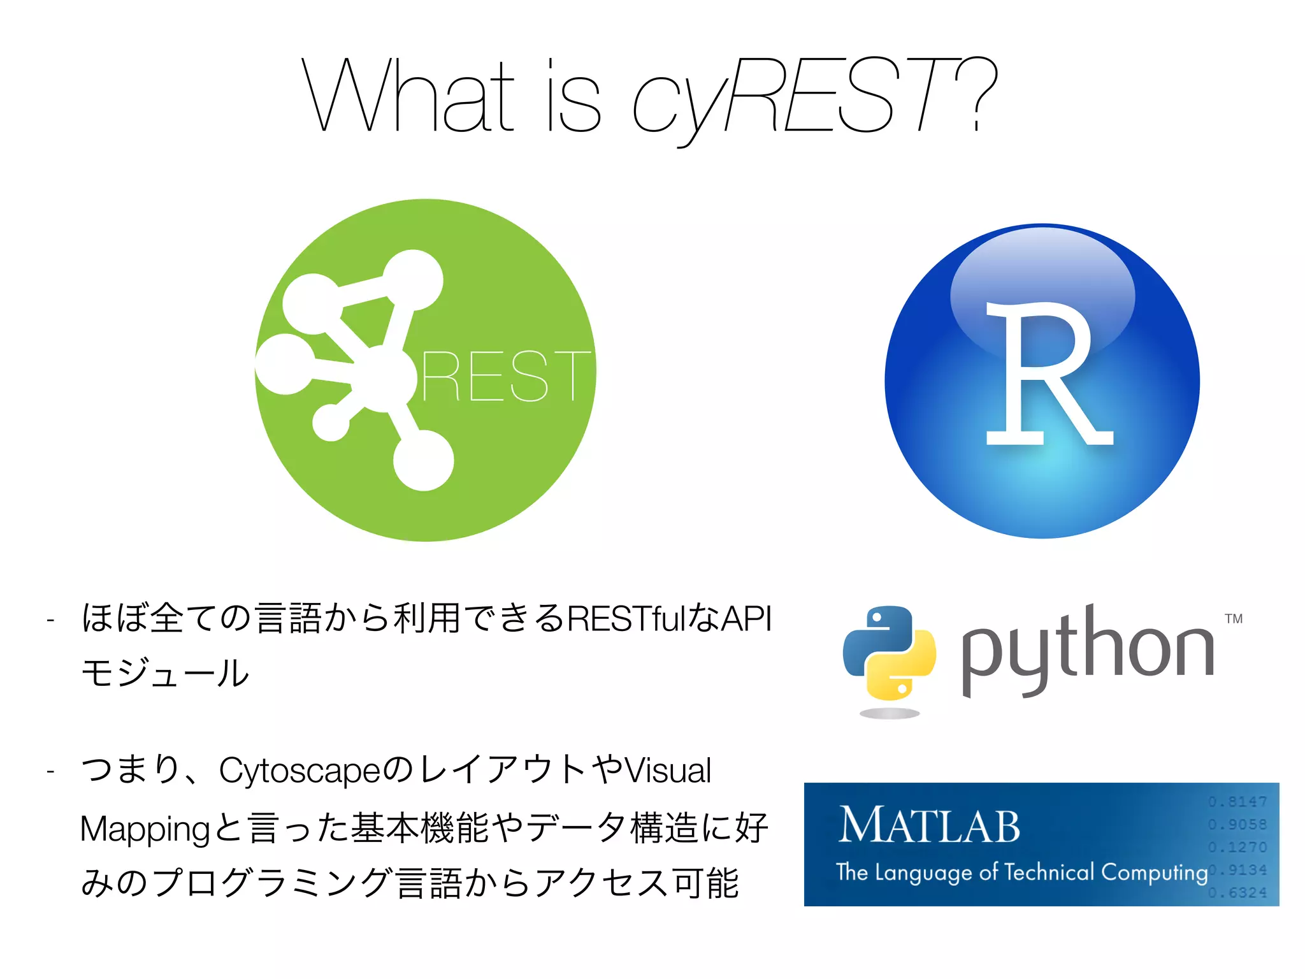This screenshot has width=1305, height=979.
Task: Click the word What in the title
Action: click(x=408, y=96)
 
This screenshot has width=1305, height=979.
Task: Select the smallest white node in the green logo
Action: click(x=331, y=423)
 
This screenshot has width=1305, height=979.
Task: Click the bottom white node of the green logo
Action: click(x=423, y=460)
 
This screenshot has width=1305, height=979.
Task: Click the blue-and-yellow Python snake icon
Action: click(x=889, y=653)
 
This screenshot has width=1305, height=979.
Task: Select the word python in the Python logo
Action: click(x=1086, y=650)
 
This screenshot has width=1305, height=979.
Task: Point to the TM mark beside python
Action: click(x=1234, y=619)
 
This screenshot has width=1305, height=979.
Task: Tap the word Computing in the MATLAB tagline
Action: click(x=1154, y=872)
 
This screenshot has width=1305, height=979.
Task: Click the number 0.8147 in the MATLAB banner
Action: click(x=1237, y=802)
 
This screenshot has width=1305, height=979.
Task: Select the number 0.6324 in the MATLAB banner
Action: click(x=1237, y=893)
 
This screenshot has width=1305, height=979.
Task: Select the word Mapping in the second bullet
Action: click(x=145, y=829)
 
